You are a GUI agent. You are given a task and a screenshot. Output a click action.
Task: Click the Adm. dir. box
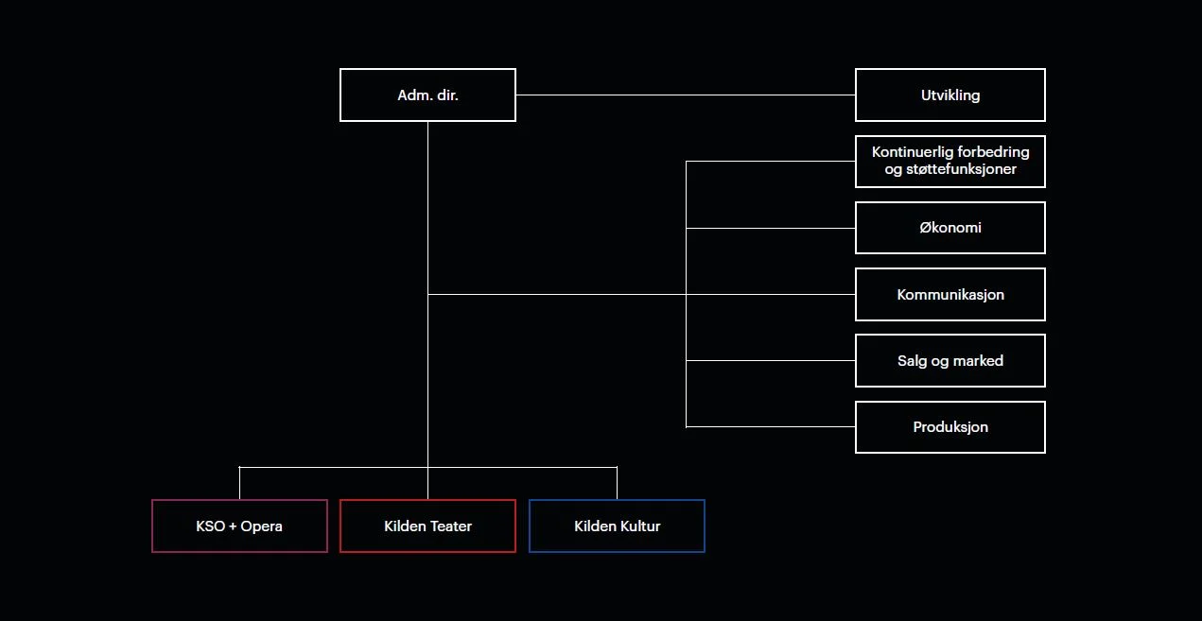point(427,95)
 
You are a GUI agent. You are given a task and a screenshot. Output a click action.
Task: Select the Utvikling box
point(949,95)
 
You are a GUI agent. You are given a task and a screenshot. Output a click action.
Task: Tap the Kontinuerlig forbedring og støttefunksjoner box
point(949,161)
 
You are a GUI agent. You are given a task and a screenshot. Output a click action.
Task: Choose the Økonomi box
point(949,228)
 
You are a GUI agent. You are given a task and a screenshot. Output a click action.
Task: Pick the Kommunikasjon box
point(949,294)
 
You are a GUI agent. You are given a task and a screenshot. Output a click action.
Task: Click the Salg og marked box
point(949,360)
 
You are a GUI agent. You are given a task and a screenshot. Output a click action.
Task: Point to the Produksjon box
point(949,427)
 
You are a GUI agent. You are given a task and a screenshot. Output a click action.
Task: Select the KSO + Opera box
point(239,526)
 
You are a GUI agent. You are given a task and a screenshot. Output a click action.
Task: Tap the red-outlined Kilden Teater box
point(427,526)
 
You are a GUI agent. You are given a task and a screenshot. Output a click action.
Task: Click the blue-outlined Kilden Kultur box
point(617,526)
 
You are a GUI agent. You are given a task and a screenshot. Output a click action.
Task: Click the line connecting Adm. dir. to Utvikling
point(686,95)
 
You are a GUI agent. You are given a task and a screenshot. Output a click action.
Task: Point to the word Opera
point(262,526)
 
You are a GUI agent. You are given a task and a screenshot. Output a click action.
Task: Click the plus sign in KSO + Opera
point(233,526)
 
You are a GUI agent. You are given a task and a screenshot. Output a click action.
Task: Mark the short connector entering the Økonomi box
point(771,228)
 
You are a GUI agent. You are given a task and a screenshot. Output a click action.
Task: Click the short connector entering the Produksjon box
point(771,427)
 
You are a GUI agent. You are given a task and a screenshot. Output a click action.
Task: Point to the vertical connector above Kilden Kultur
point(617,483)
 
